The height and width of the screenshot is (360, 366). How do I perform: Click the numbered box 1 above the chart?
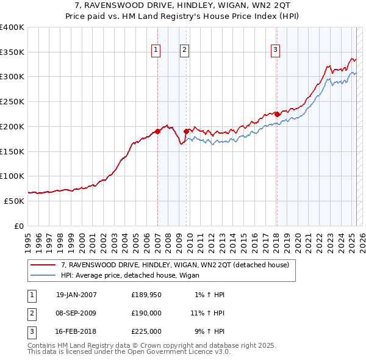(x=156, y=51)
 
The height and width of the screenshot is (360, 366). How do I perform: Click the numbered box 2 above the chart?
(x=184, y=51)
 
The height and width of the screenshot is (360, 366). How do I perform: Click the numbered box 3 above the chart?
(x=276, y=51)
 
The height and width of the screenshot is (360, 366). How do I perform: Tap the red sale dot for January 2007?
(x=157, y=131)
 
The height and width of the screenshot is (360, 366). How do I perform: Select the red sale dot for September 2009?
(x=186, y=131)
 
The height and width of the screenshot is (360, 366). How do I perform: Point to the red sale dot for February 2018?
(x=277, y=113)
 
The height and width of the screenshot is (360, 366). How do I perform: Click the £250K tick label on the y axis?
(x=12, y=101)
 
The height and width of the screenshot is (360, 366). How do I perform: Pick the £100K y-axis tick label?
(x=12, y=176)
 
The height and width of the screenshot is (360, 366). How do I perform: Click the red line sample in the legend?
(x=43, y=265)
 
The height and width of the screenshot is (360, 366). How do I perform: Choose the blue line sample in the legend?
(x=43, y=276)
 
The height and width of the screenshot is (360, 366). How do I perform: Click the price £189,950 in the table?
(x=146, y=295)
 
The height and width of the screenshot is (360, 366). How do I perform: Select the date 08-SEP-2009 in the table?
(x=76, y=313)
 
